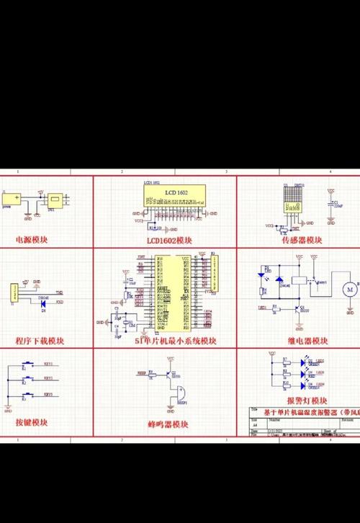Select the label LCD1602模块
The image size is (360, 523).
pos(170,240)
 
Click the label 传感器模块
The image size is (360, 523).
pos(303,239)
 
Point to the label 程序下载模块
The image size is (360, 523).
pos(40,340)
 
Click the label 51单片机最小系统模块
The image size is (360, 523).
pos(176,340)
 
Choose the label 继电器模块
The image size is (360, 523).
pos(307,340)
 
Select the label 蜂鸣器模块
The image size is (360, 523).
pos(168,425)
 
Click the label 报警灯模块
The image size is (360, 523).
pos(307,401)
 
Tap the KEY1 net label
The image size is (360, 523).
pos(49,365)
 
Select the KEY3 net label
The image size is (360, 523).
pos(49,394)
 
